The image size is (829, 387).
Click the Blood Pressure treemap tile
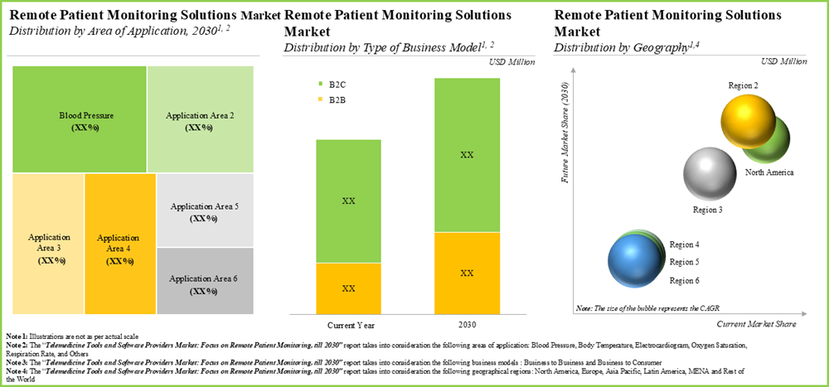coord(79,119)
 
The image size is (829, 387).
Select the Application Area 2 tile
coord(200,119)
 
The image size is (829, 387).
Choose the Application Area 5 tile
coord(204,210)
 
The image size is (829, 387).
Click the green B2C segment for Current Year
coord(348,201)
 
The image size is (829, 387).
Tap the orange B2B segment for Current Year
coord(348,288)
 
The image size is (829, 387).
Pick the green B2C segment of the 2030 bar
coord(467,155)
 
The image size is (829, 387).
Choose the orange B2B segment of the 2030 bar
coord(467,273)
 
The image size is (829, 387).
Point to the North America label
coord(769,172)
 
